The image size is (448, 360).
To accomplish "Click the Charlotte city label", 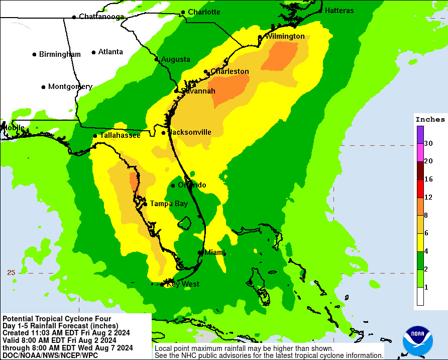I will (204, 12).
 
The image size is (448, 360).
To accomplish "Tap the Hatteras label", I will (339, 11).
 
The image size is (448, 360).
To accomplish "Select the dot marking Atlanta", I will (94, 52).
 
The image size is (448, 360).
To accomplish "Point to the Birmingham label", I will (60, 54).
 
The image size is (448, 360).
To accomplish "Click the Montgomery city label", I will (70, 86).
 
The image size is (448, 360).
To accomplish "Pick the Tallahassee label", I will (120, 135).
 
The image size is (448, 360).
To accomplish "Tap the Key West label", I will (183, 284).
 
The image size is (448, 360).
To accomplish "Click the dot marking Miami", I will (200, 252).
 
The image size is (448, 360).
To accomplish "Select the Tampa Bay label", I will (169, 204).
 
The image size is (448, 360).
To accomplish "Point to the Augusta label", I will (175, 59).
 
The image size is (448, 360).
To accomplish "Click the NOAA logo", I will (417, 340).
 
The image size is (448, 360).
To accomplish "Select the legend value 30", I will (428, 143).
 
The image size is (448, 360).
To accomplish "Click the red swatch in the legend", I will (420, 189).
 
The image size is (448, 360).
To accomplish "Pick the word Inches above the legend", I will (430, 119).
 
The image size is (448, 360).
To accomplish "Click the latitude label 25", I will (11, 273).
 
